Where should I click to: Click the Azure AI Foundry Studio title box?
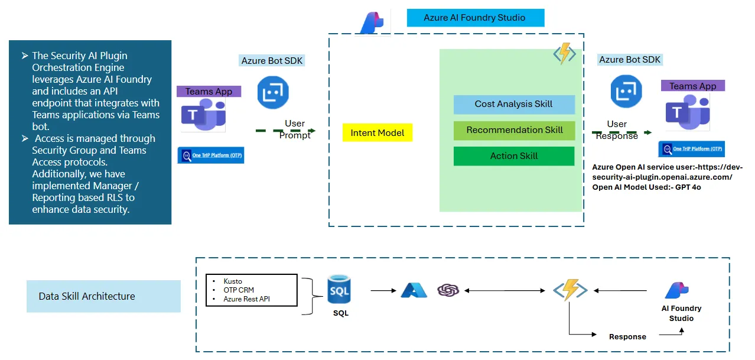[475, 18]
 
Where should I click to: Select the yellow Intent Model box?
[377, 133]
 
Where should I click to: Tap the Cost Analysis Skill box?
[513, 104]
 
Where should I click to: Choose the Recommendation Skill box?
[514, 130]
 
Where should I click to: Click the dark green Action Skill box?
[513, 156]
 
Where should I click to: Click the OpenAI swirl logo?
[448, 290]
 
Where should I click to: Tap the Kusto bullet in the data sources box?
[233, 281]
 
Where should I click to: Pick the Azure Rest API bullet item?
[247, 299]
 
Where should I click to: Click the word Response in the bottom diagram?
[627, 336]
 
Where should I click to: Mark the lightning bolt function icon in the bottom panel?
[569, 290]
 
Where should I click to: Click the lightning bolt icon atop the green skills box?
[564, 54]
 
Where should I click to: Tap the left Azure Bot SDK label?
[272, 60]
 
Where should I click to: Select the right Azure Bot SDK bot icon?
[626, 92]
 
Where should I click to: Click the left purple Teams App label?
[209, 91]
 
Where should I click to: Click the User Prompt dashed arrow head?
[313, 131]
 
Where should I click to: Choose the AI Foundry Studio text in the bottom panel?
[681, 313]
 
